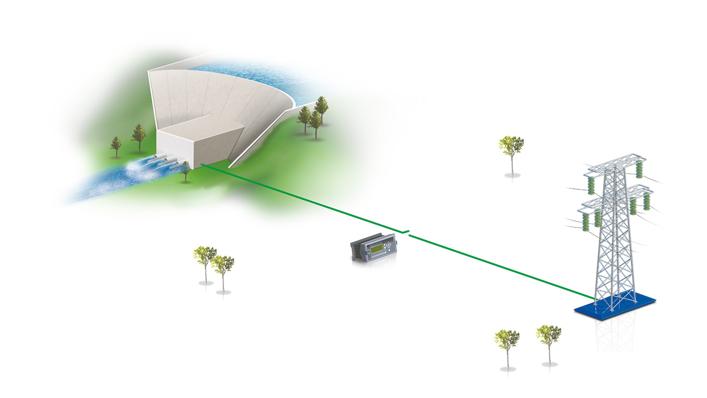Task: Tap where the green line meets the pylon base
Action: tap(595, 297)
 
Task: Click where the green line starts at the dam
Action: tap(201, 165)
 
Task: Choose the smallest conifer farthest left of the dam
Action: tap(116, 145)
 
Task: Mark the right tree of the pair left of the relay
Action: tap(223, 267)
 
